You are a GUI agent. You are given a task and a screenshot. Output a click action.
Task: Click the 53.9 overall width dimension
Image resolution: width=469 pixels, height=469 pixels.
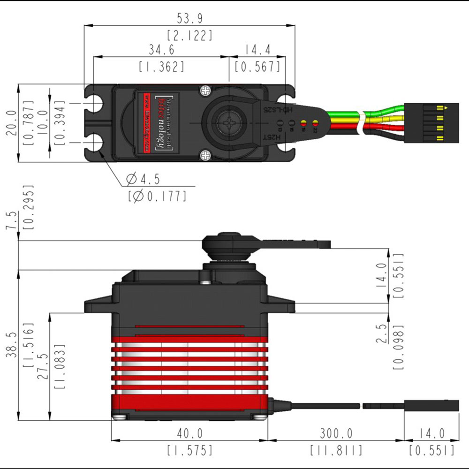(189, 19)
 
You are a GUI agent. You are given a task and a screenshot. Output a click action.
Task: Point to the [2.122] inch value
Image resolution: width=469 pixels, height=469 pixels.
(189, 36)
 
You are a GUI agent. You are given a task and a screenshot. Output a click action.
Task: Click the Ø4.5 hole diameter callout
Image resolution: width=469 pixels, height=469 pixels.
(144, 179)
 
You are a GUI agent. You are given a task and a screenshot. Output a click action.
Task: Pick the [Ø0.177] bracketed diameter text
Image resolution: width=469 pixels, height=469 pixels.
(157, 196)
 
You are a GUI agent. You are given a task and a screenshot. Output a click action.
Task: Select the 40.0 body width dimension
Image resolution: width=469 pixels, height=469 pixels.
(189, 433)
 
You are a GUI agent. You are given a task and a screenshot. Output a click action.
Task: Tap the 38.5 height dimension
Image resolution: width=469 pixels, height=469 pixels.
(11, 345)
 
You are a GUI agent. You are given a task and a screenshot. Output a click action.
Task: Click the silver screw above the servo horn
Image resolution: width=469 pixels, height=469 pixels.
(205, 90)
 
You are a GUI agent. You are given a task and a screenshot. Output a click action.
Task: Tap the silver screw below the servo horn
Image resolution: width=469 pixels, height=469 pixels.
(205, 155)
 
